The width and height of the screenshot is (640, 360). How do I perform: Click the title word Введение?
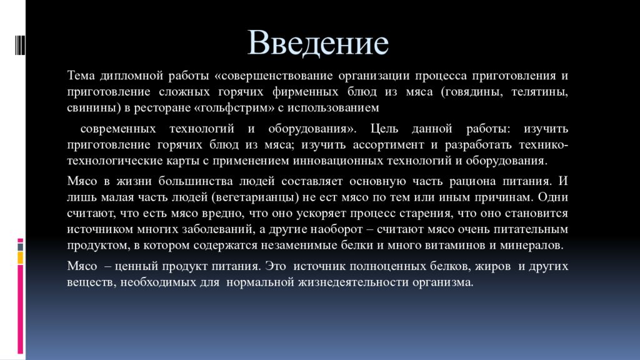click(318, 42)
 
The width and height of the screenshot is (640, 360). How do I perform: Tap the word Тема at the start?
click(81, 76)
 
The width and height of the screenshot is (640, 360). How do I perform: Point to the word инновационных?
click(337, 161)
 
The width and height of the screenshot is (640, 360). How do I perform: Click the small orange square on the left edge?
click(21, 257)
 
